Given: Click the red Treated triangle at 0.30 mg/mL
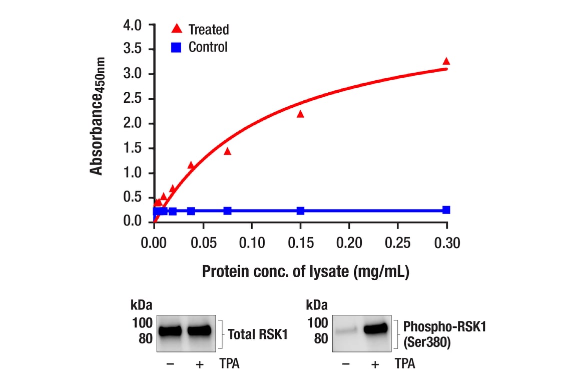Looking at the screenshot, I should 446,62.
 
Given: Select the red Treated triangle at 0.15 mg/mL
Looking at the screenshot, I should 300,114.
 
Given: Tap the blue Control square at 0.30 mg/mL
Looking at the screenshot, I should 446,210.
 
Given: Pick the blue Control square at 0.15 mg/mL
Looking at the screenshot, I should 300,211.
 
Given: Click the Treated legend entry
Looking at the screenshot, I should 200,30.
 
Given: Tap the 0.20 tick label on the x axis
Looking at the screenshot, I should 349,244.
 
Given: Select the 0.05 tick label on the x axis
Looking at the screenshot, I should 203,244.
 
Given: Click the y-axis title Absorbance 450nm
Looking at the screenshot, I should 98,115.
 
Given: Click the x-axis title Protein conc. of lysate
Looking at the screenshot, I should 305,272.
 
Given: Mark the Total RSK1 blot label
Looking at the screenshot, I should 258,334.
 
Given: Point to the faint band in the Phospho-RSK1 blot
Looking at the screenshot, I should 345,330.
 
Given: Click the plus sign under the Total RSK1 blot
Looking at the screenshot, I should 200,364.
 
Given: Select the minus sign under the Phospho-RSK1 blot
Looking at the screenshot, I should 345,364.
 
